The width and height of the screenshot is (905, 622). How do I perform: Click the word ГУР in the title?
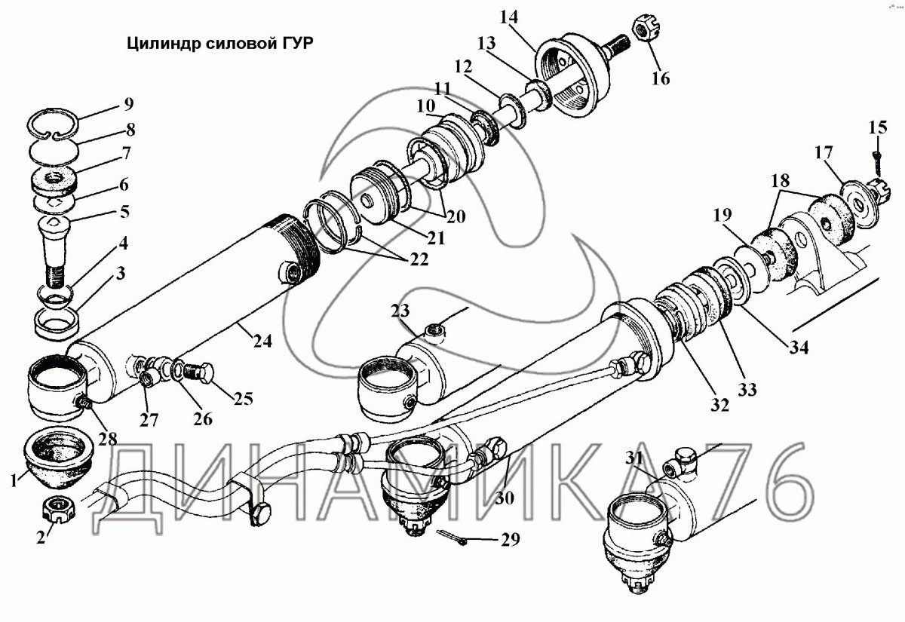294,44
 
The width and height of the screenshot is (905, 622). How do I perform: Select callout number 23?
399,311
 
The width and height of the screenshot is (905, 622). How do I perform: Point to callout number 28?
107,439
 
